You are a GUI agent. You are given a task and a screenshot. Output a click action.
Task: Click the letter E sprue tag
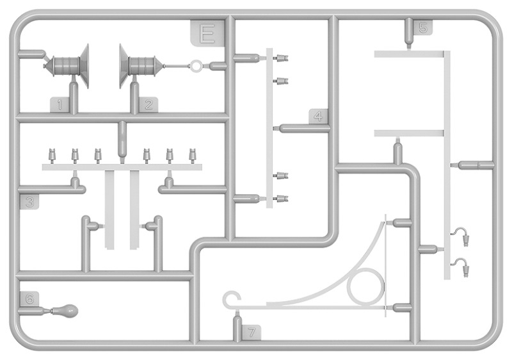207,33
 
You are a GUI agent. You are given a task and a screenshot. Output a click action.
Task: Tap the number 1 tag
60,105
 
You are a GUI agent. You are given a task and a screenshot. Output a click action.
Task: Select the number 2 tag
148,105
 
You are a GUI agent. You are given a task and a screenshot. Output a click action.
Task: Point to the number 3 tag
29,202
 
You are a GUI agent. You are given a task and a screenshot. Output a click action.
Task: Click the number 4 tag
318,117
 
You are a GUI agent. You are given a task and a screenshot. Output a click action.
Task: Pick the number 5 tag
423,28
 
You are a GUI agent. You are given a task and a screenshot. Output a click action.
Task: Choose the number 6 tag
29,299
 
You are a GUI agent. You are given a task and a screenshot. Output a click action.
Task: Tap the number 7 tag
252,332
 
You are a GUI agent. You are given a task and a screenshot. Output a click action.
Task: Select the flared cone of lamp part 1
85,66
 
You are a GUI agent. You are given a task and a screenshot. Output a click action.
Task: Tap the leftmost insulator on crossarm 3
52,155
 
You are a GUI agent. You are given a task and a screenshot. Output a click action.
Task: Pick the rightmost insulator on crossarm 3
193,155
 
